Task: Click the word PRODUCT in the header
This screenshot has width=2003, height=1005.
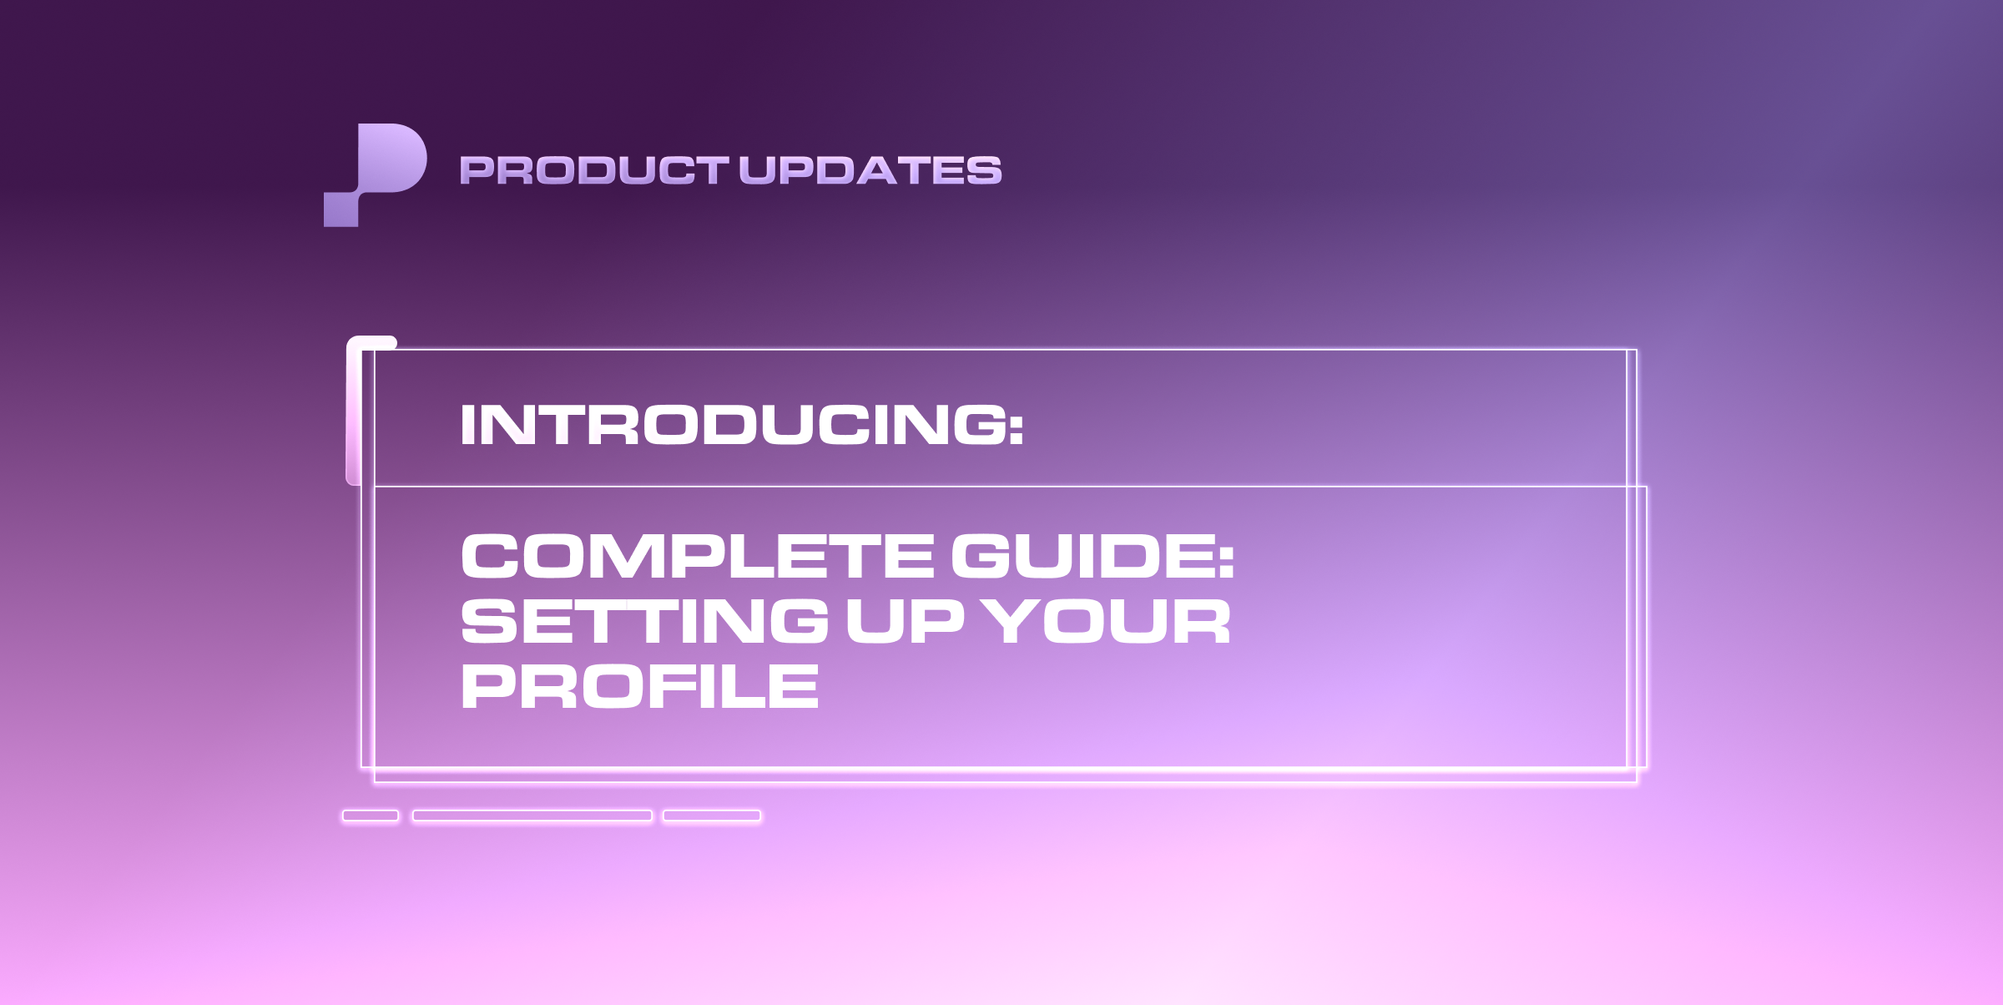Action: tap(593, 170)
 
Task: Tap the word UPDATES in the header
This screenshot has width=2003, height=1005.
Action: tap(870, 170)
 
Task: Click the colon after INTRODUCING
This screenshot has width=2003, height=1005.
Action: tap(1016, 427)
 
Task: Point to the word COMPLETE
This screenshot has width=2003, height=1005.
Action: tap(698, 557)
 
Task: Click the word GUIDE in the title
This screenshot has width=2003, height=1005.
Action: tap(1082, 557)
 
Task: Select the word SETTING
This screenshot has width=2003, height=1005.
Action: tap(644, 622)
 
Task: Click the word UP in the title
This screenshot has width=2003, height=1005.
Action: tap(905, 622)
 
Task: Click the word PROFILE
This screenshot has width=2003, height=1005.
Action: tap(640, 687)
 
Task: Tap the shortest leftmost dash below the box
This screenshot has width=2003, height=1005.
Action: tap(371, 816)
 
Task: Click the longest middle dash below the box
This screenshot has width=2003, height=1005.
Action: tap(532, 816)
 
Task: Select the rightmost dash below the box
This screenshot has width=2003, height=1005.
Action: tap(712, 816)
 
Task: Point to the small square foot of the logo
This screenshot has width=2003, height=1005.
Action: tap(341, 210)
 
